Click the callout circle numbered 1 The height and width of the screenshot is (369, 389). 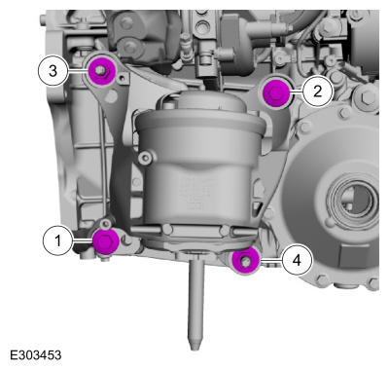58,240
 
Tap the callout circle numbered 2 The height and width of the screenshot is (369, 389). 318,92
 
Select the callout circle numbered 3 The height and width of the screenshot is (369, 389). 53,71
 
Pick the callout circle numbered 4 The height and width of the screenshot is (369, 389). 297,260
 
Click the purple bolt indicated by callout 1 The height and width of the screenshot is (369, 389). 106,241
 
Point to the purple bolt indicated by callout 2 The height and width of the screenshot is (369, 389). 275,93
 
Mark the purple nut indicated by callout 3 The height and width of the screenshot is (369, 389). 102,71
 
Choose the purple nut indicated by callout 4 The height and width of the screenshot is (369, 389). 245,261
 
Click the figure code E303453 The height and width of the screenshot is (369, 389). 35,354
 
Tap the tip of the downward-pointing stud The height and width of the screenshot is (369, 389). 194,350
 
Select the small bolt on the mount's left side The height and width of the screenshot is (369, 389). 145,158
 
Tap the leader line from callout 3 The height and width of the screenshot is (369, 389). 79,71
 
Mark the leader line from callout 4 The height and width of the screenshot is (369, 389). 270,260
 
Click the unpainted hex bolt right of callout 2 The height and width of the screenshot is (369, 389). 367,96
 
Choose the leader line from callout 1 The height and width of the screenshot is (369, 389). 83,240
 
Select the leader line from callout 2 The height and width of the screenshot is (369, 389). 296,92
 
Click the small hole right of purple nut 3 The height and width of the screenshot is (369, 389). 122,78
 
